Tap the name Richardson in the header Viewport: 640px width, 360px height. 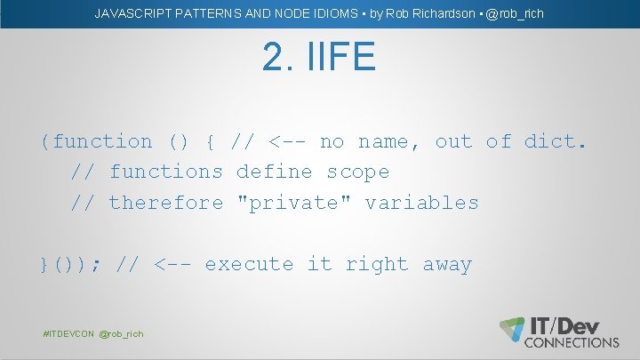pyautogui.click(x=443, y=13)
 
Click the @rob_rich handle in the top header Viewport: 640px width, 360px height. pyautogui.click(x=515, y=13)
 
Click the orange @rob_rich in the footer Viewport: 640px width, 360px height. pyautogui.click(x=121, y=333)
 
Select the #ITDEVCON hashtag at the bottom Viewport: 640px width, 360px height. pyautogui.click(x=68, y=333)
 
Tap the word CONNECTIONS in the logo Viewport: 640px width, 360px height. pyautogui.click(x=572, y=342)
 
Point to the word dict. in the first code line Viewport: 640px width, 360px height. pyautogui.click(x=556, y=141)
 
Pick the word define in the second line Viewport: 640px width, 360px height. pyautogui.click(x=274, y=172)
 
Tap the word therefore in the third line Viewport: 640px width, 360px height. pyautogui.click(x=165, y=203)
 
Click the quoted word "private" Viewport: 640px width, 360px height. pyautogui.click(x=294, y=203)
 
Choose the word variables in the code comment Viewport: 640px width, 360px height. pyautogui.click(x=421, y=203)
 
